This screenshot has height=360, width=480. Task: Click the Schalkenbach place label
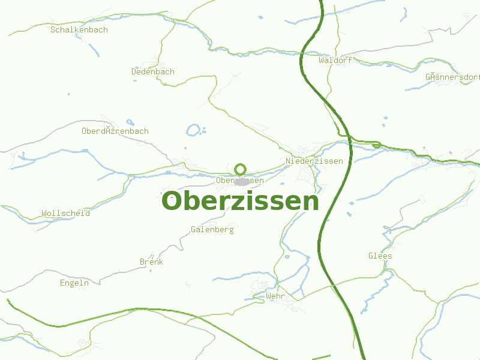pos(79,29)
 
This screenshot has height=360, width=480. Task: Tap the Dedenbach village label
pos(153,71)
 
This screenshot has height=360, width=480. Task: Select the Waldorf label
pos(335,60)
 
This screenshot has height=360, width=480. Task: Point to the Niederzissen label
pos(314,161)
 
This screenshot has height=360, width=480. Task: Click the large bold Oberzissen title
pos(240,202)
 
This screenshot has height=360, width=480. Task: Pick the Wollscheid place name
pos(66,213)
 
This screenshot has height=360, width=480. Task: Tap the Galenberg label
pos(212,229)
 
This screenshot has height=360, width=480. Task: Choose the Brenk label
pos(151,262)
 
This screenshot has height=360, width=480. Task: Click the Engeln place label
pos(74,283)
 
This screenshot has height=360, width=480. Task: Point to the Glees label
pos(380,256)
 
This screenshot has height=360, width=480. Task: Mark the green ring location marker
pos(241,169)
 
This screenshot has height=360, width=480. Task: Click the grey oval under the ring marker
pos(242,181)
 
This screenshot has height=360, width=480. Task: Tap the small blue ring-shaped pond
pos(193,130)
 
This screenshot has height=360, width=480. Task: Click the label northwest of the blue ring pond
pos(115,131)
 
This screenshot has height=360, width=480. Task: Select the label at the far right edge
pos(453,77)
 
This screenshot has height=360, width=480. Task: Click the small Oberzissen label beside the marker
pos(240,180)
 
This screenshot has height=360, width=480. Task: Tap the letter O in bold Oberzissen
pos(172,202)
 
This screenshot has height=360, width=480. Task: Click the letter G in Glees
pos(371,256)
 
